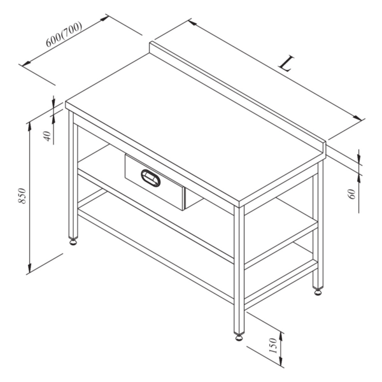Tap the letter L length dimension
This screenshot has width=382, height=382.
[x=288, y=64]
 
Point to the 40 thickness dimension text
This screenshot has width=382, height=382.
[x=46, y=136]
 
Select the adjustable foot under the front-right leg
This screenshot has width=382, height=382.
[x=239, y=336]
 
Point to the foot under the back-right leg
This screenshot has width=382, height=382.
[x=316, y=293]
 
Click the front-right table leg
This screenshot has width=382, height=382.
[x=239, y=267]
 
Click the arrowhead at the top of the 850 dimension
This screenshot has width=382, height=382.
[x=30, y=124]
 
